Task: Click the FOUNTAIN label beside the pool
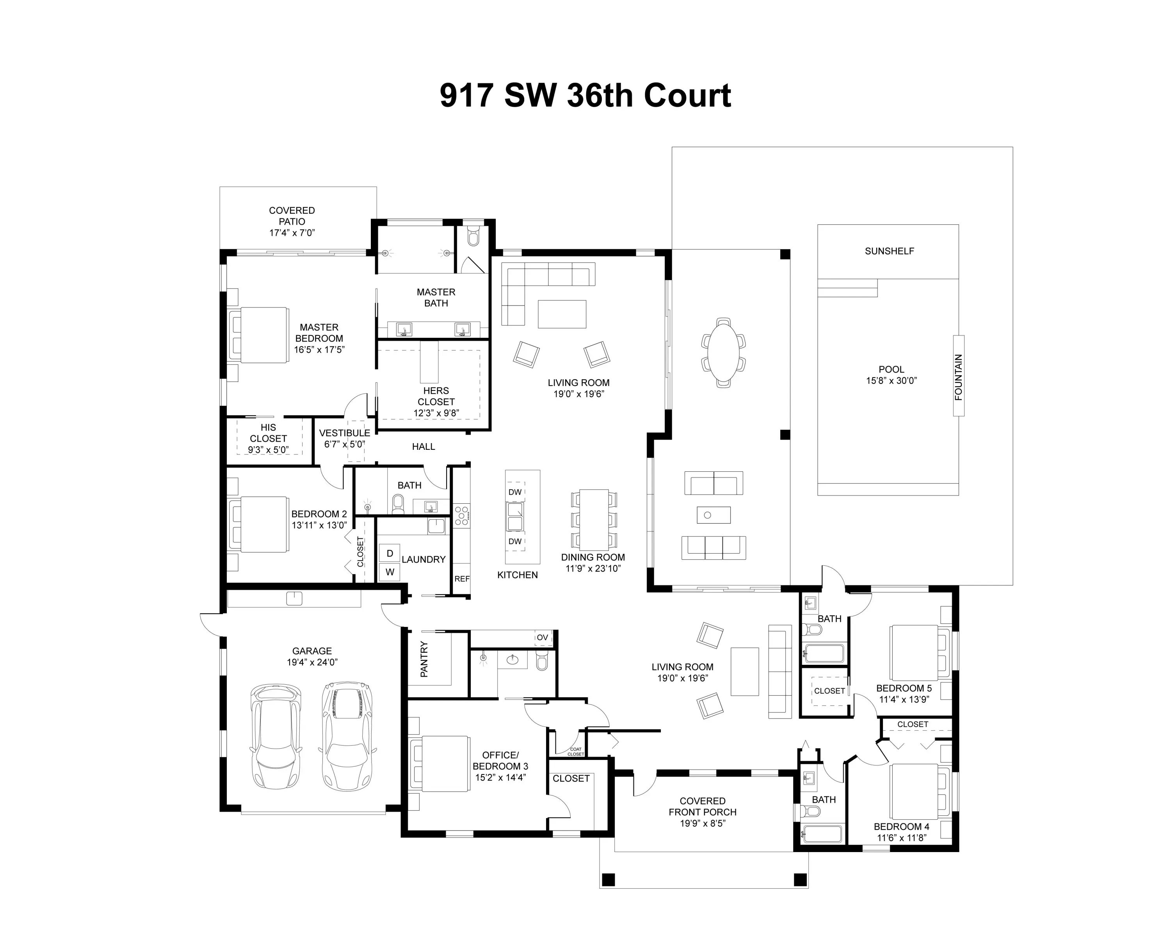959,377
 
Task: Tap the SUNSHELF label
889,251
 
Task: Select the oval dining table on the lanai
723,352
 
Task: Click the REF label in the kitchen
462,579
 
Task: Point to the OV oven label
542,637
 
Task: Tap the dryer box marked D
390,553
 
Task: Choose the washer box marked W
390,572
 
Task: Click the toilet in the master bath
473,237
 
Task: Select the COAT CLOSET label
576,751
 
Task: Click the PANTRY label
424,659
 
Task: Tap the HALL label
424,446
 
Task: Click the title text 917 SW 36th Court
585,96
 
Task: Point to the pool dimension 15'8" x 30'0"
891,381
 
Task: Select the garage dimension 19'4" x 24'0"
312,662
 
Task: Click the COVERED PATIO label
292,216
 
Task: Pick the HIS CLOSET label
268,433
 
